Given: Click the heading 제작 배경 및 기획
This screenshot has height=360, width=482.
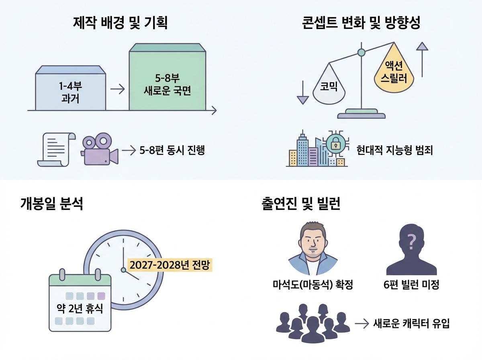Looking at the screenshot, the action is (120, 23).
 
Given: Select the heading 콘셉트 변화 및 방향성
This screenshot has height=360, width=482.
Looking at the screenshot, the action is (361, 23).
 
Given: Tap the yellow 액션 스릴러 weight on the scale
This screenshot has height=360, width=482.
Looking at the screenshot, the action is (394, 70).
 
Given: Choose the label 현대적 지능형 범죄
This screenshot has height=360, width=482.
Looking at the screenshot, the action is (394, 151).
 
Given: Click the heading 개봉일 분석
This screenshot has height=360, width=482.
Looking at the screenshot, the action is (51, 204).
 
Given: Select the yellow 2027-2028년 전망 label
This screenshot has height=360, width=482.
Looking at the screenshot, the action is (170, 265).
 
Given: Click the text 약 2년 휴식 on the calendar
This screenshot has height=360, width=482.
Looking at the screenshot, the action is (80, 309).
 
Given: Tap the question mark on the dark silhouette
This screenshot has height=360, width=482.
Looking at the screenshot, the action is (411, 243).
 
